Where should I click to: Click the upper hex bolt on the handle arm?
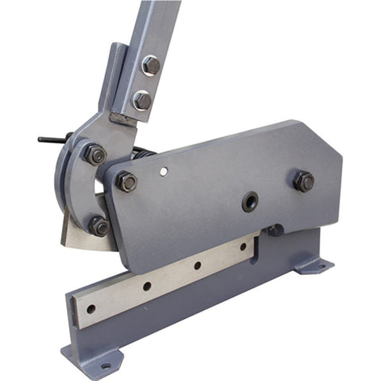(150, 65)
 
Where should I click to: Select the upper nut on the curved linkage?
(95, 154)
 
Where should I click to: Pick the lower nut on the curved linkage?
(98, 225)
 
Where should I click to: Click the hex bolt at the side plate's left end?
(126, 182)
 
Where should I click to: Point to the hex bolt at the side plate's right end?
(304, 181)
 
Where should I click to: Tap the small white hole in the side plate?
(164, 171)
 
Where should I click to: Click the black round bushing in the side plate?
(250, 202)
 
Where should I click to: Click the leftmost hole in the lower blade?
(91, 309)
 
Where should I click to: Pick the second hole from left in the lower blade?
(147, 286)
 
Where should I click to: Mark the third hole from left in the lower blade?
(197, 265)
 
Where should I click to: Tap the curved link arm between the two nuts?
(76, 190)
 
